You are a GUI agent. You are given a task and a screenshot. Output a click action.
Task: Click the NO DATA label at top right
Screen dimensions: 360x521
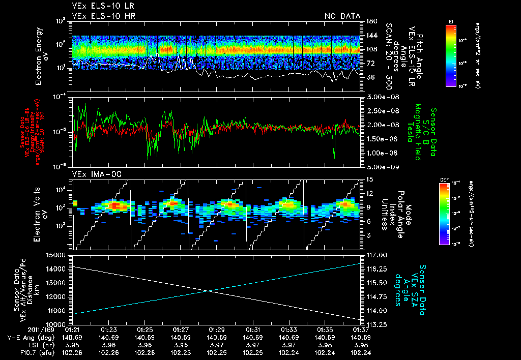(342, 16)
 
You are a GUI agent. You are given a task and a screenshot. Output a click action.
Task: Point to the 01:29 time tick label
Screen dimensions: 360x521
(217, 329)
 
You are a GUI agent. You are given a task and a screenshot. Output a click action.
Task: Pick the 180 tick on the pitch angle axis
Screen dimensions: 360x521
(370, 21)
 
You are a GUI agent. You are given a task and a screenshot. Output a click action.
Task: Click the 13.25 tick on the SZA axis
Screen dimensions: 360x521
(375, 324)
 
